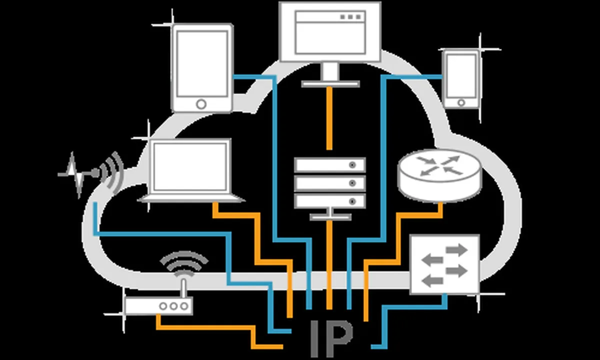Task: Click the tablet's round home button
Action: [201, 103]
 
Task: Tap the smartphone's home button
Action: [461, 102]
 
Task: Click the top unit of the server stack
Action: [329, 164]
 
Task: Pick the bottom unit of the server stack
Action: [329, 201]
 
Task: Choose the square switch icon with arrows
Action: [444, 264]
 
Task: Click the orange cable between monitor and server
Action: [329, 117]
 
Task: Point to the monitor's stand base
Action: [330, 83]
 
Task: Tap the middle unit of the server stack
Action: [329, 182]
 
